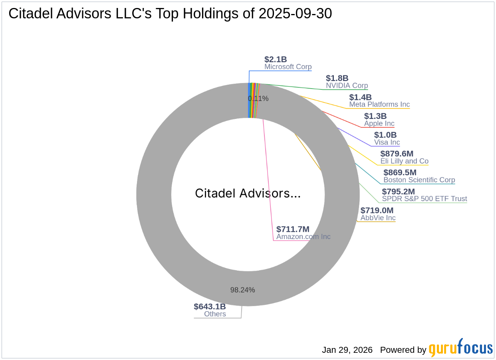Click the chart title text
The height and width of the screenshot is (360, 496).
tap(170, 14)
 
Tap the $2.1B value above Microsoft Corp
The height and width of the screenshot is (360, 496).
tap(276, 59)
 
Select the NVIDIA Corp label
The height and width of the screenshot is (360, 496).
tap(347, 85)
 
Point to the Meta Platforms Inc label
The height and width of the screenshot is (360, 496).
tap(379, 105)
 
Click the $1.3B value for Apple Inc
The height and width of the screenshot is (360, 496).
tap(375, 116)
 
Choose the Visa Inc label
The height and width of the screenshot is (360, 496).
tap(387, 142)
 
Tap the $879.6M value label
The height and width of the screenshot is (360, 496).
tap(397, 154)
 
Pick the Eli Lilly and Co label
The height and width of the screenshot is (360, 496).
tap(404, 161)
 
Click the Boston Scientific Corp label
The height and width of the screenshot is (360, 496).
tap(419, 180)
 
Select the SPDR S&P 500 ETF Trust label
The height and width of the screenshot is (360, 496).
tap(424, 199)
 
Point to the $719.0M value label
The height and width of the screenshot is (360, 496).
tap(377, 210)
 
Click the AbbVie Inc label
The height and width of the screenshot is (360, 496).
tap(378, 218)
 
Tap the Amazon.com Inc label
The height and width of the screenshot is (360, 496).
tap(303, 237)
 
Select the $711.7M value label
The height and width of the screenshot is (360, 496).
tap(293, 229)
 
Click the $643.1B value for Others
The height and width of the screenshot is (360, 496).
tap(210, 307)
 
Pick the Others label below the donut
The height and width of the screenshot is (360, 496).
tap(215, 314)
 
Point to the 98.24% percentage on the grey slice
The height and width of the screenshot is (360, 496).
tap(242, 290)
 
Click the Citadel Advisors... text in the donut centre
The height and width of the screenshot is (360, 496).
tap(248, 194)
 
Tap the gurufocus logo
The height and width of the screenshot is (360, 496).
tap(460, 348)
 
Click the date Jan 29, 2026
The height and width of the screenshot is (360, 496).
tap(347, 350)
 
